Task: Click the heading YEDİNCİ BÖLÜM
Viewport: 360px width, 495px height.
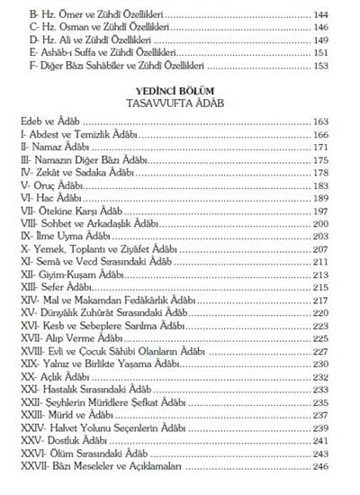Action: [180, 114]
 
